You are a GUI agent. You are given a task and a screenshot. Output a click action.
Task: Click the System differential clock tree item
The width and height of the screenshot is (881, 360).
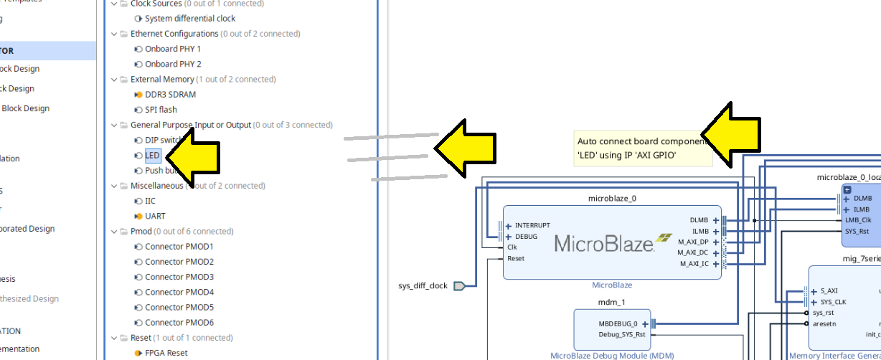189,19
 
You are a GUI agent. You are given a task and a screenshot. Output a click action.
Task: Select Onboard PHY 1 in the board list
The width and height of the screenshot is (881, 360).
173,49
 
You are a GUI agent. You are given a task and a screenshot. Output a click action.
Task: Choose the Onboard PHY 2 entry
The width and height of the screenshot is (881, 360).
173,64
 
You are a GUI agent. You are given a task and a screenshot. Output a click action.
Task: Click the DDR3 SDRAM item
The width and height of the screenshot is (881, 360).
170,95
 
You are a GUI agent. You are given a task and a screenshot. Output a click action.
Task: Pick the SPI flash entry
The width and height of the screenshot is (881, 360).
161,110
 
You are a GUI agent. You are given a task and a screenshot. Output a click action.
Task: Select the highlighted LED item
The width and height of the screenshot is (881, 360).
153,155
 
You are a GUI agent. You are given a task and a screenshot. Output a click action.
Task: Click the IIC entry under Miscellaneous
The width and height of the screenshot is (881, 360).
150,201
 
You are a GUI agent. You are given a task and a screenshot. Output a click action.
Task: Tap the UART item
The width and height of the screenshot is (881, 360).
155,216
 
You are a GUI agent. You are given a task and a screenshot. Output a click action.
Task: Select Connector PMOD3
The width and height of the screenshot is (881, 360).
179,277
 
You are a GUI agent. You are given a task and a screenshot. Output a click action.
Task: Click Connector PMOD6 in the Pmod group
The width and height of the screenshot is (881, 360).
179,322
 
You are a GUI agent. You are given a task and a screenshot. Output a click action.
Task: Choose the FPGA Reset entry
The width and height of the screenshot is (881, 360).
166,353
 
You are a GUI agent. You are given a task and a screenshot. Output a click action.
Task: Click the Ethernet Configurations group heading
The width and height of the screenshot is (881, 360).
174,34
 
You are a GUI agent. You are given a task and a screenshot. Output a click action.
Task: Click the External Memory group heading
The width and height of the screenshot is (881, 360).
162,80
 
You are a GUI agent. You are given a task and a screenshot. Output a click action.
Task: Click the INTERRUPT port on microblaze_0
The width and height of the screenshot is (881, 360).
532,225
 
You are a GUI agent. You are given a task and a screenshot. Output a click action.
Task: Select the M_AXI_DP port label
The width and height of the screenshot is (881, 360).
693,242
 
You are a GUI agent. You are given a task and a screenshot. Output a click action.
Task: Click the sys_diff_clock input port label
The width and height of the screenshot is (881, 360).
423,285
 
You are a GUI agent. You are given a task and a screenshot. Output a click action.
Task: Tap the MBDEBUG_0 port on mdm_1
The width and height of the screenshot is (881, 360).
622,323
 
